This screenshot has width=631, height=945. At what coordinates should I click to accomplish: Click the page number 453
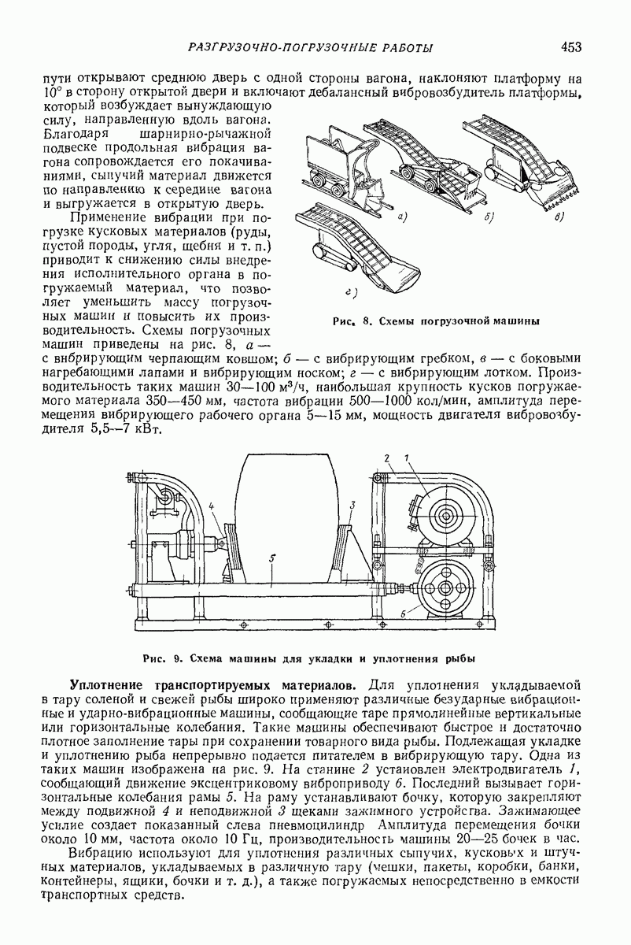coord(571,47)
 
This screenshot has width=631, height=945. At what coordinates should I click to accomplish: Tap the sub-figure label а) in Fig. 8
coord(402,213)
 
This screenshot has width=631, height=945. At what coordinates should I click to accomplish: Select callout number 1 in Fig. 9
coord(408,458)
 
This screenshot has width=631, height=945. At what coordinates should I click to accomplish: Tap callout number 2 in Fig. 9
coord(386,458)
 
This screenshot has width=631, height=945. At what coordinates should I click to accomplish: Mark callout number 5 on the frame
coord(271,558)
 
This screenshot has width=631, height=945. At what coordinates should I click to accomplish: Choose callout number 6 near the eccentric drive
coord(402,611)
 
